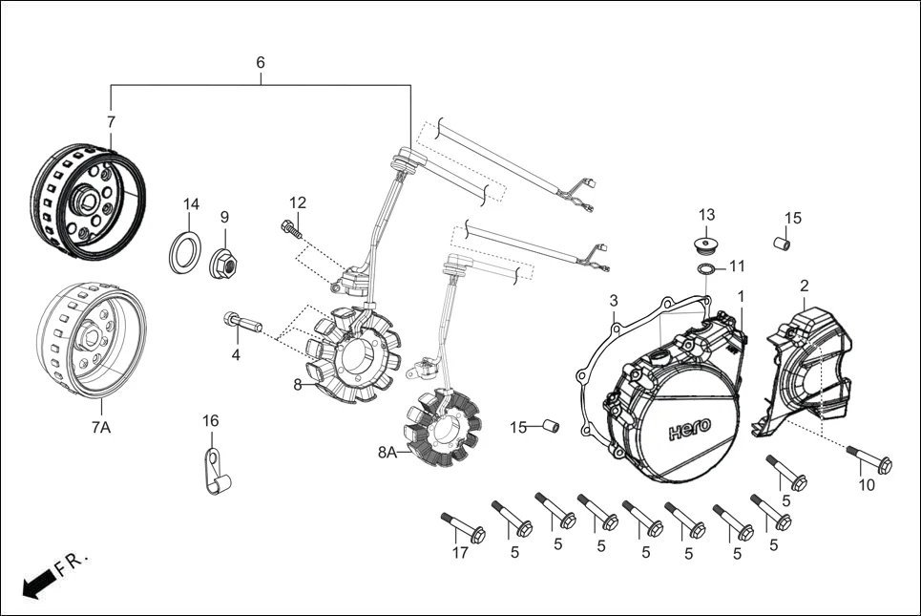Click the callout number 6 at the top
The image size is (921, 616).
click(x=260, y=63)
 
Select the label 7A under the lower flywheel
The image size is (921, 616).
click(x=101, y=428)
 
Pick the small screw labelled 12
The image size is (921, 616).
click(x=291, y=228)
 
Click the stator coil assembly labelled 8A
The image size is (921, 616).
click(x=441, y=432)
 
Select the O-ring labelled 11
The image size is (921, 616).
click(x=705, y=268)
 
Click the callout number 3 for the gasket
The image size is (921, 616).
click(x=614, y=301)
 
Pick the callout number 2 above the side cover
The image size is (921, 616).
click(x=804, y=286)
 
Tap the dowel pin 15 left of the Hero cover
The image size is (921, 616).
click(x=550, y=425)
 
